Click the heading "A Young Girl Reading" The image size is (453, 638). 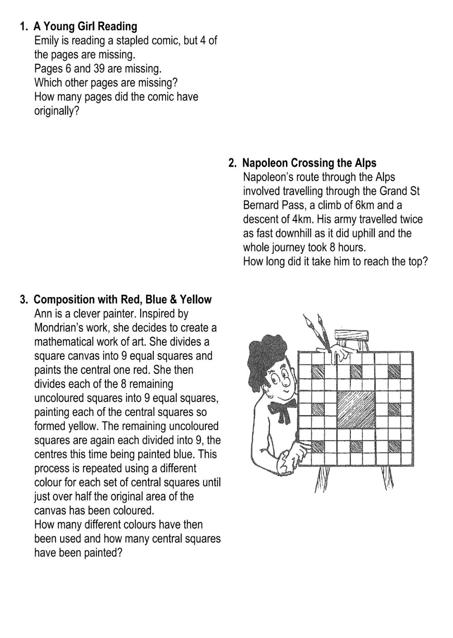click(85, 26)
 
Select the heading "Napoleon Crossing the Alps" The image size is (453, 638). click(309, 163)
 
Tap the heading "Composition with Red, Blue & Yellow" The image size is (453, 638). click(123, 300)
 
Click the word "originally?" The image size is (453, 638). click(57, 111)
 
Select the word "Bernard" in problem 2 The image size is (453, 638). click(262, 205)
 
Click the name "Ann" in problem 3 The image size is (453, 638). click(43, 314)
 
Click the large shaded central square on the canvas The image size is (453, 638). click(355, 404)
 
